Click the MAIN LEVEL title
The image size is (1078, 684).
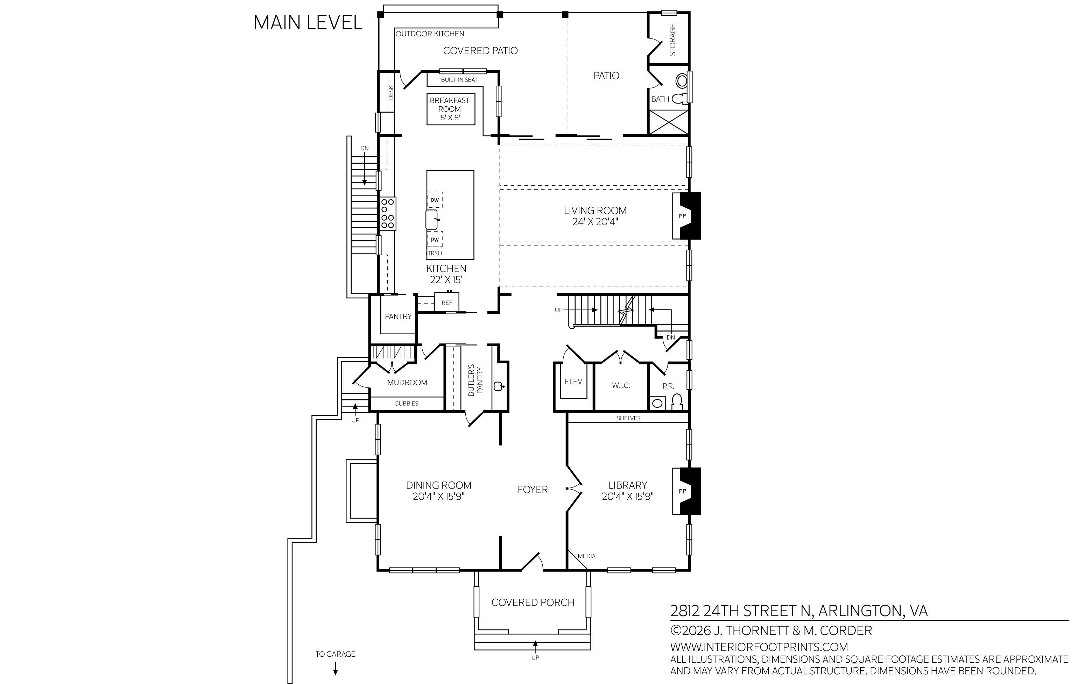pyautogui.click(x=308, y=23)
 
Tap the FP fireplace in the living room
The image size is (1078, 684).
pyautogui.click(x=686, y=216)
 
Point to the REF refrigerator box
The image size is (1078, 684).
pyautogui.click(x=446, y=302)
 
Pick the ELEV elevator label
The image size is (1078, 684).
pyautogui.click(x=573, y=382)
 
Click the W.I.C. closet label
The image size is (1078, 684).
pyautogui.click(x=621, y=385)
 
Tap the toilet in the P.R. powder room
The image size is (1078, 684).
pyautogui.click(x=677, y=402)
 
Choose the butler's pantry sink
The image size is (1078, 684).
pyautogui.click(x=498, y=386)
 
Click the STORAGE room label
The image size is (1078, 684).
pyautogui.click(x=672, y=40)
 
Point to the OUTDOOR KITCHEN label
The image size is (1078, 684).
pyautogui.click(x=430, y=34)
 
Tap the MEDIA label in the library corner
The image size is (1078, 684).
pyautogui.click(x=586, y=556)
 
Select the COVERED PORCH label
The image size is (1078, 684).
pyautogui.click(x=533, y=602)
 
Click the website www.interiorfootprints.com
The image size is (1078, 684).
pyautogui.click(x=759, y=647)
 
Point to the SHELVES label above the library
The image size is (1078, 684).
pyautogui.click(x=628, y=418)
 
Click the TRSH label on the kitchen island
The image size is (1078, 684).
pyautogui.click(x=435, y=253)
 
